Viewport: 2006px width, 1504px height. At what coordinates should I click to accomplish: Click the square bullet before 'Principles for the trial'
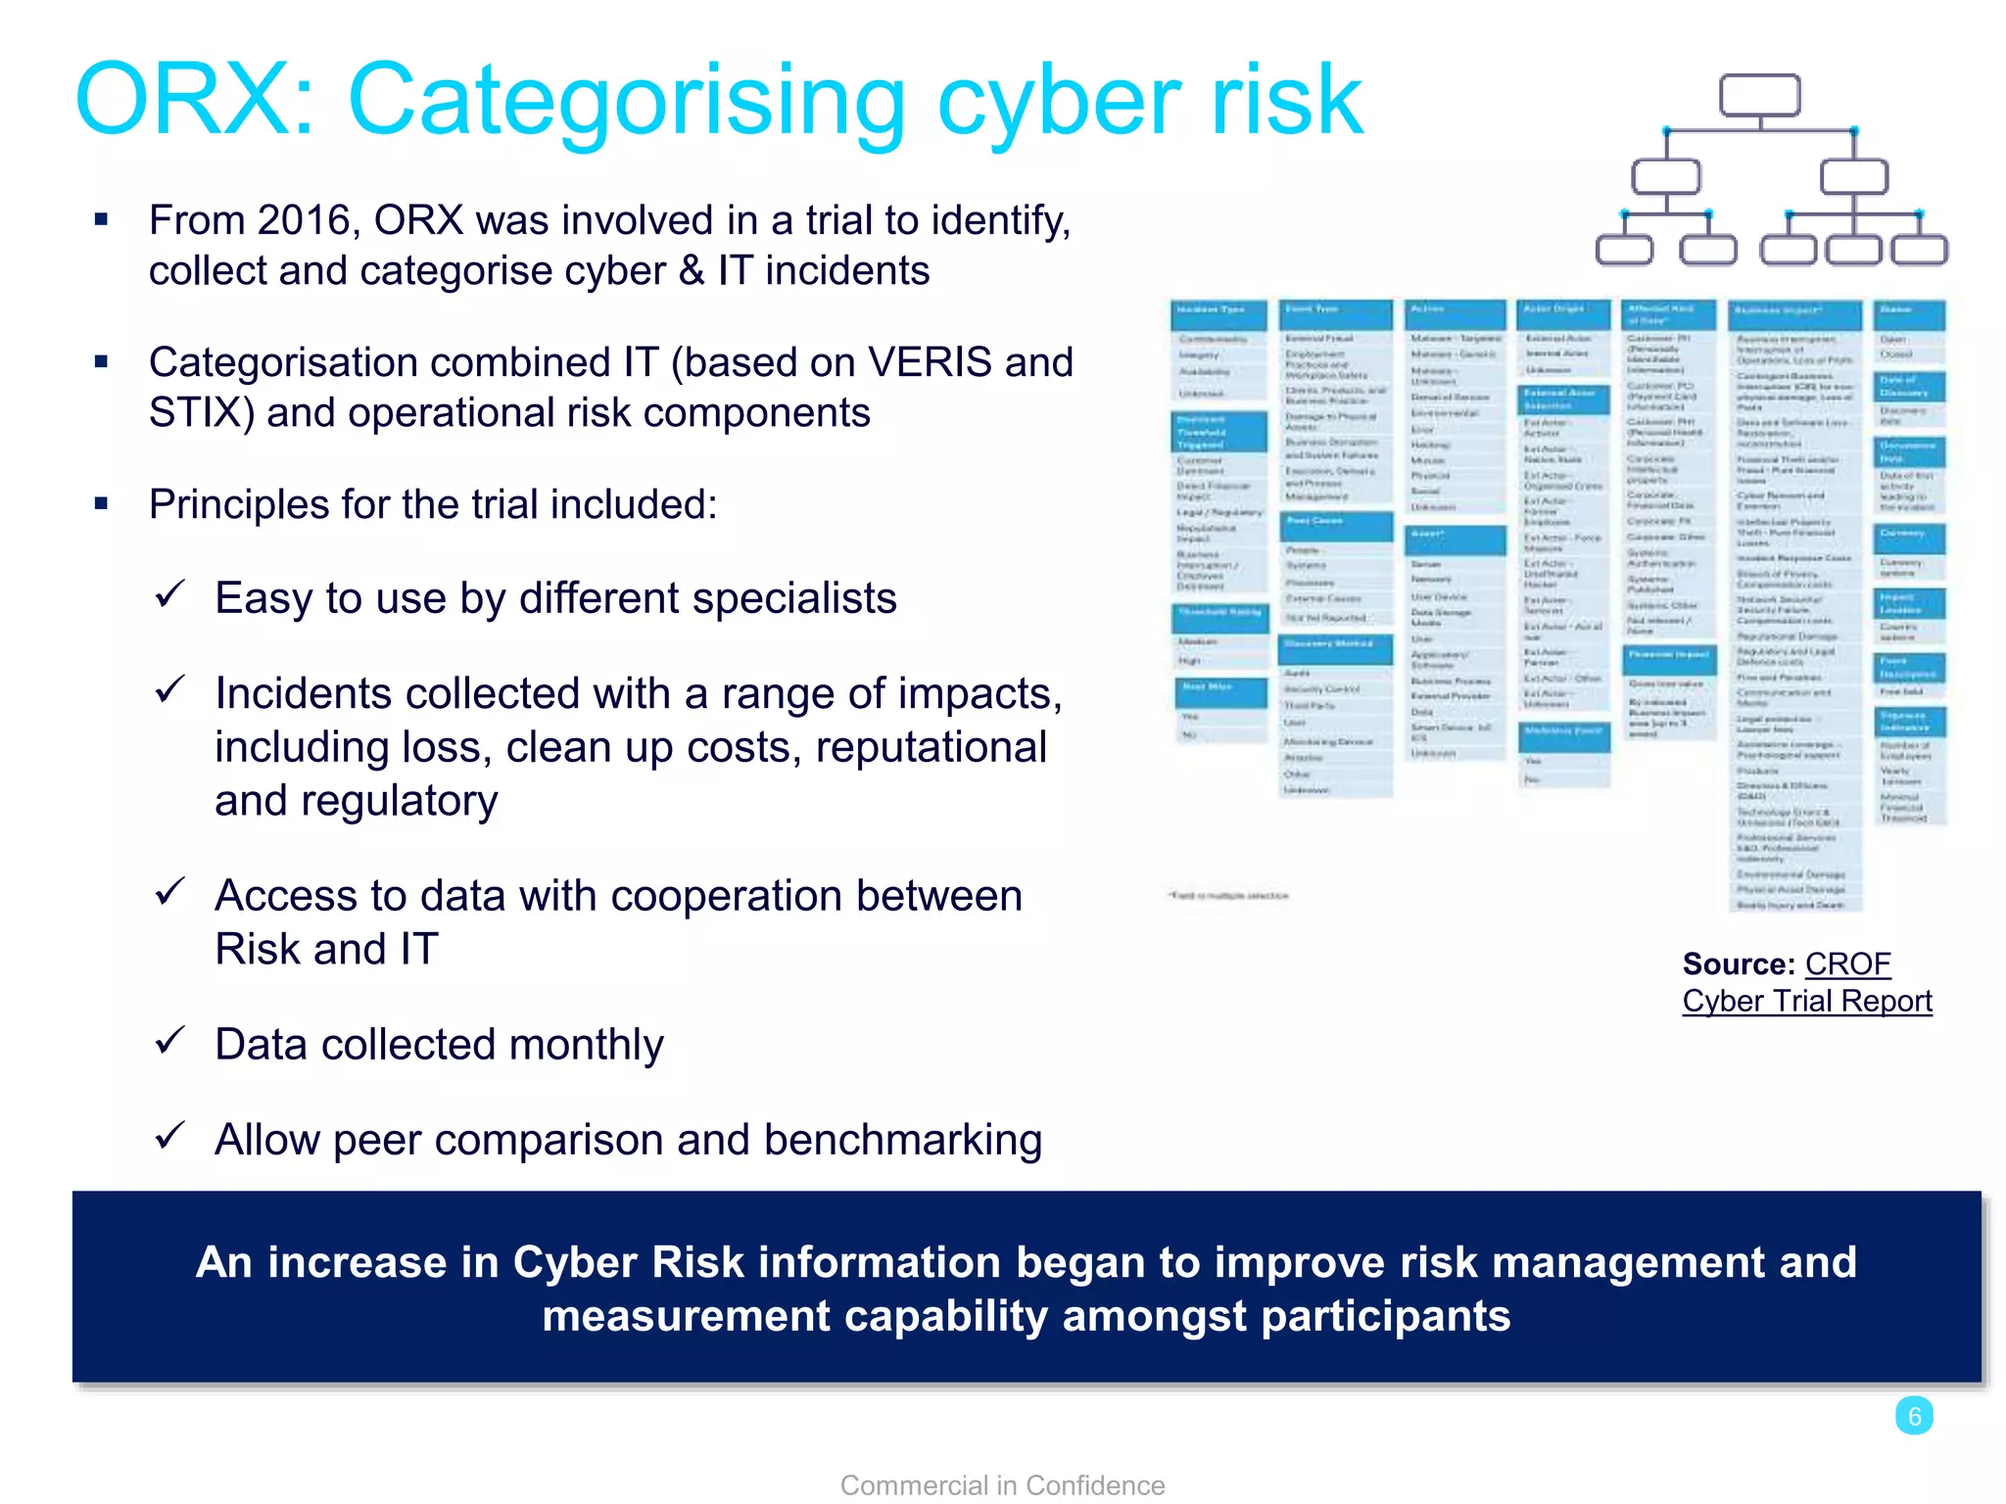pyautogui.click(x=101, y=504)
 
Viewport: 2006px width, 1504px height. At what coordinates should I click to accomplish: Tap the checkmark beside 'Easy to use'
pyautogui.click(x=170, y=593)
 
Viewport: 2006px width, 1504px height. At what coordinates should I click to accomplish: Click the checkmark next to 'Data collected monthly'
pyautogui.click(x=170, y=1040)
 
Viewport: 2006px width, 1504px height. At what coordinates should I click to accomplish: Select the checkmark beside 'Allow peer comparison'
pyautogui.click(x=170, y=1135)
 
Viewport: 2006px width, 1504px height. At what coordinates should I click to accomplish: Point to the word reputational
pyautogui.click(x=931, y=748)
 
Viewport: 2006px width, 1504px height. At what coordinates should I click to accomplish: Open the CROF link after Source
pyautogui.click(x=1847, y=964)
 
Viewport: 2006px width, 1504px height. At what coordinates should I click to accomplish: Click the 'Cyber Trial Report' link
pyautogui.click(x=1807, y=1002)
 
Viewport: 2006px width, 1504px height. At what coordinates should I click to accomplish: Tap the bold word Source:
pyautogui.click(x=1739, y=964)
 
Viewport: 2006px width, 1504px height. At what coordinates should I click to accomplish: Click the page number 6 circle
pyautogui.click(x=1914, y=1416)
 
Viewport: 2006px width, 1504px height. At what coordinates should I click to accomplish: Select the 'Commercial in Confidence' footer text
pyautogui.click(x=1002, y=1485)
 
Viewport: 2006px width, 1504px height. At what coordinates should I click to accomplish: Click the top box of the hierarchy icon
pyautogui.click(x=1759, y=96)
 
